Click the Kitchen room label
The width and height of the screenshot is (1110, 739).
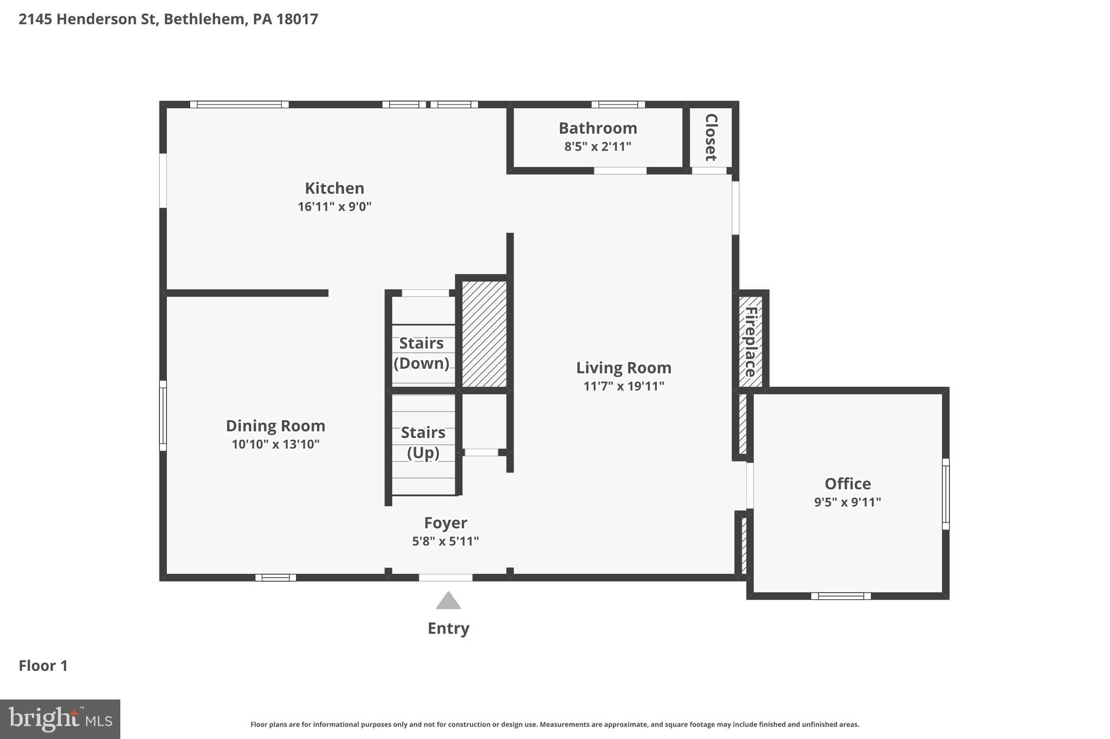coord(334,188)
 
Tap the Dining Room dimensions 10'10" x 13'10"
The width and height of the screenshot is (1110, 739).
coord(275,444)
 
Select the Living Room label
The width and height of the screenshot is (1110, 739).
coord(623,368)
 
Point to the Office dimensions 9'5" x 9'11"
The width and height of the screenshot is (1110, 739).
coord(847,502)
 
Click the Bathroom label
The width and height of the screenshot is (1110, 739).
coord(598,128)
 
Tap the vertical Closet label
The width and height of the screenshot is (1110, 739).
coord(711,138)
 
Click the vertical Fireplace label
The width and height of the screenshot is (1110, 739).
coord(751,342)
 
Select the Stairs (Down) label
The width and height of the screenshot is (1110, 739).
coord(422,353)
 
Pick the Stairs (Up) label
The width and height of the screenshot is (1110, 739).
coord(423,442)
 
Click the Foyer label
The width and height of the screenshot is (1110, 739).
coord(446,522)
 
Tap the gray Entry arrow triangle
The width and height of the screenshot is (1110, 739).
coord(448,601)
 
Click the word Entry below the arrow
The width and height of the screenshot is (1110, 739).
coord(448,628)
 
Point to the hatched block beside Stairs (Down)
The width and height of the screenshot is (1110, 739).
coord(484,333)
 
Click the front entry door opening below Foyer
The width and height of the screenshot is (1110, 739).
coord(446,578)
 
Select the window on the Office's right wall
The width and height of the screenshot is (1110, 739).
coord(945,494)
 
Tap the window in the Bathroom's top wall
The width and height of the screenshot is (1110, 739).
coord(618,104)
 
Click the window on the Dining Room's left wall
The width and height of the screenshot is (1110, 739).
coord(163,415)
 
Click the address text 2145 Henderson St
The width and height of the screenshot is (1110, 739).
coord(88,19)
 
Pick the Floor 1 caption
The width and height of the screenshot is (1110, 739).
coord(43,665)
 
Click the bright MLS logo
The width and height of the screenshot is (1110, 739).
coord(60,719)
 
